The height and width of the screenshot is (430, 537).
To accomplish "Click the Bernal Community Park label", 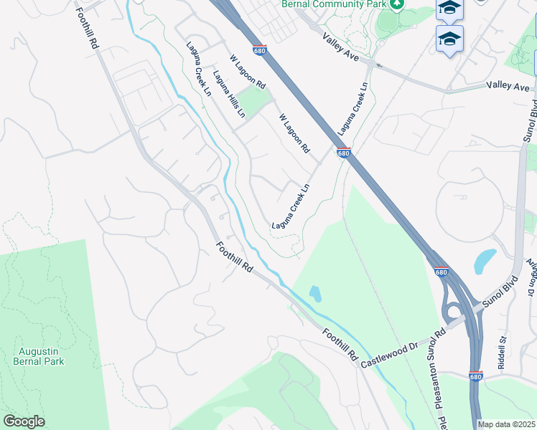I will tap(334, 4).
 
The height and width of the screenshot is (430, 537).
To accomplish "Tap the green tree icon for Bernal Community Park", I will tap(398, 4).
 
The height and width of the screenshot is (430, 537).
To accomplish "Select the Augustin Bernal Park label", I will tap(39, 356).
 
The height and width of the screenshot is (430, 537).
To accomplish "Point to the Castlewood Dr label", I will tap(389, 354).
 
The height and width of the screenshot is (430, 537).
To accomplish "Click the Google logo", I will tap(24, 421).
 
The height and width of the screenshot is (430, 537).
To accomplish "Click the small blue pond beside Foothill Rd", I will tap(315, 293).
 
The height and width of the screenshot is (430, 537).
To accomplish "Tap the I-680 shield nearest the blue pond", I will tap(441, 272).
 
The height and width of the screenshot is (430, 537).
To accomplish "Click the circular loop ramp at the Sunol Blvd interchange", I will tap(454, 312).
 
